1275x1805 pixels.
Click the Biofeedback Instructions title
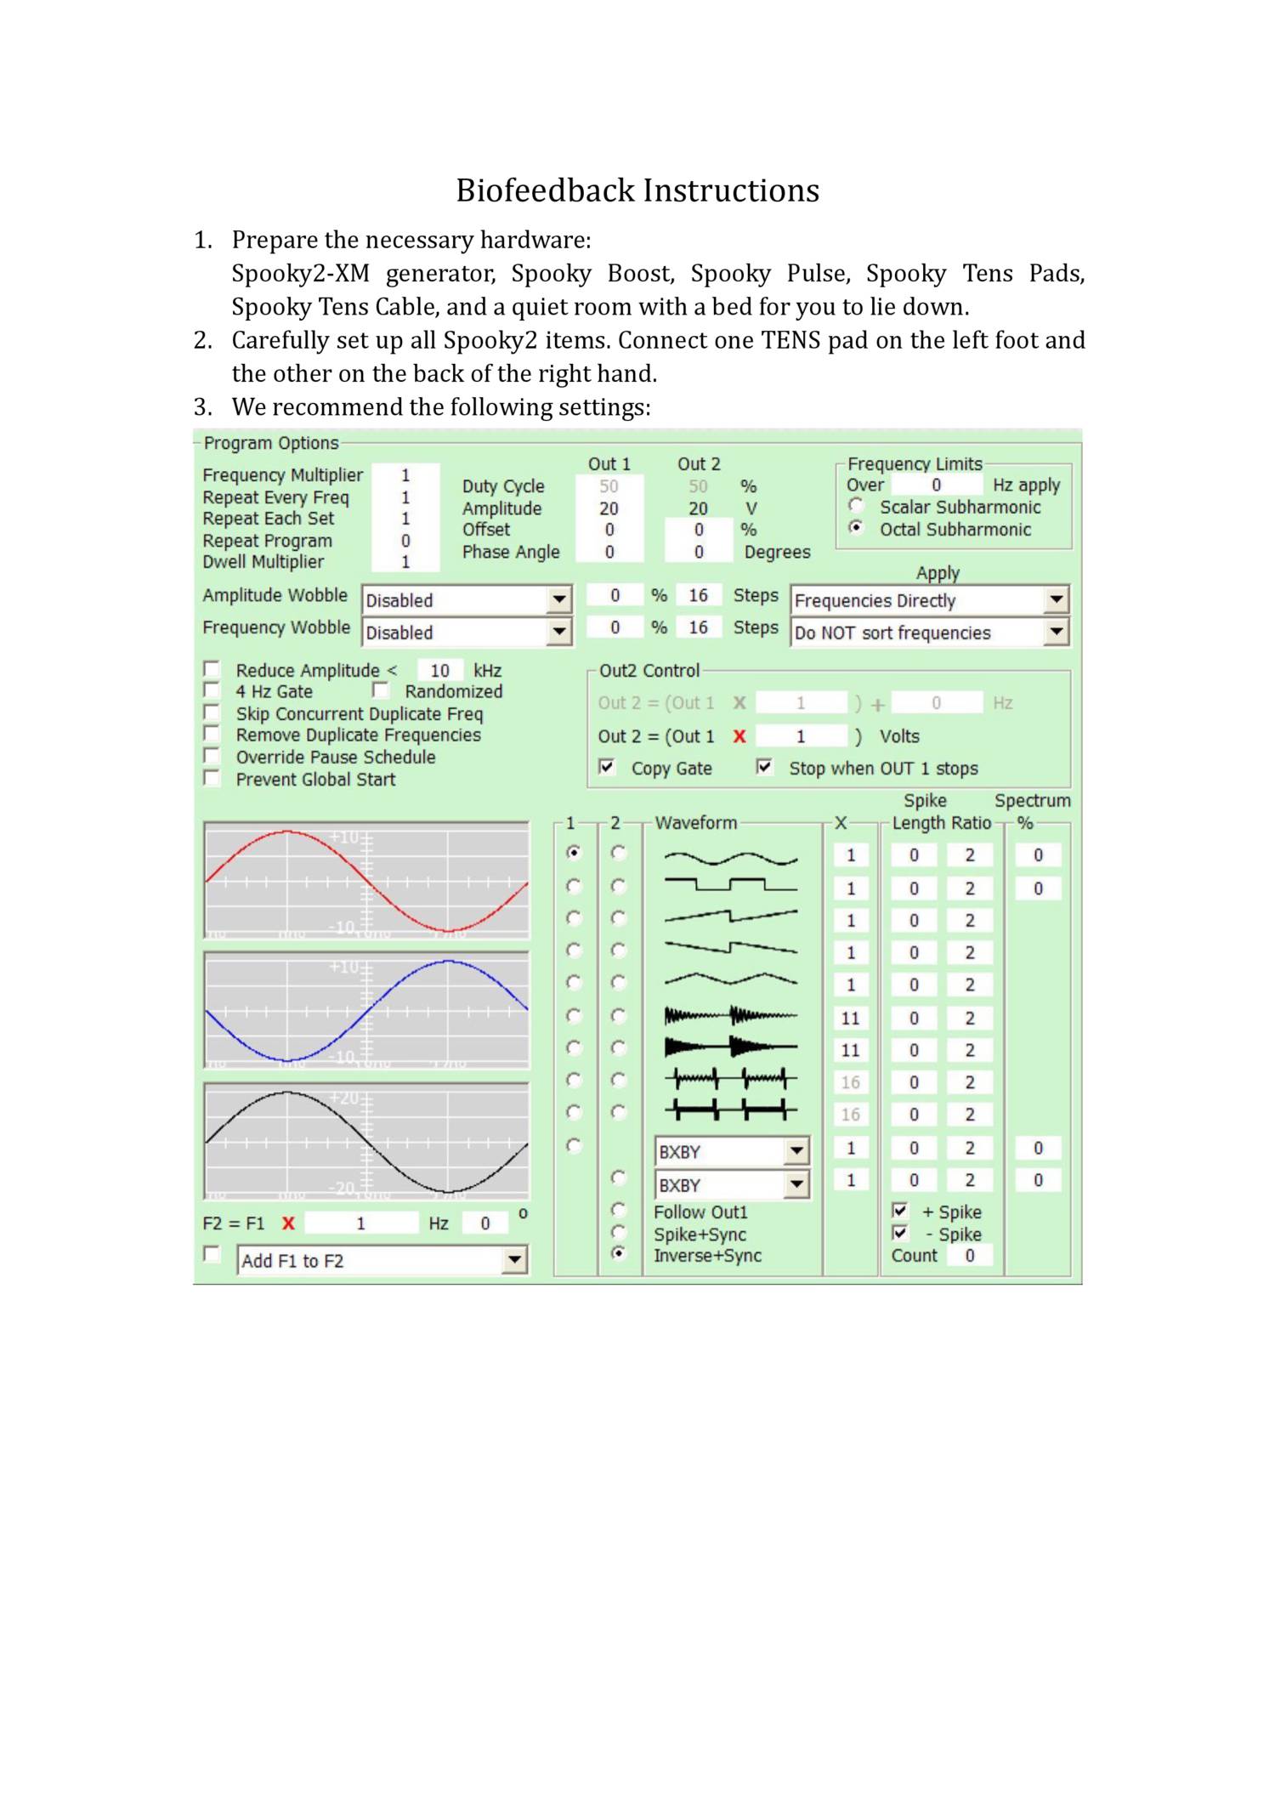(x=637, y=190)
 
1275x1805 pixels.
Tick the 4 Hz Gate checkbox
(x=212, y=690)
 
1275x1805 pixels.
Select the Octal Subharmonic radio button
(x=856, y=528)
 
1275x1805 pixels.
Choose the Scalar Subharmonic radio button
(x=856, y=506)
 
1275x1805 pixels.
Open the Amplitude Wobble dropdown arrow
(x=558, y=599)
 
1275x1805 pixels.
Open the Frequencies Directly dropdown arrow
(x=1055, y=599)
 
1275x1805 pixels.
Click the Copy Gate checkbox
(x=607, y=767)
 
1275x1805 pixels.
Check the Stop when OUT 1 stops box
(x=764, y=767)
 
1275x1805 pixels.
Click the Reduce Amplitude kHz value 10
(x=439, y=670)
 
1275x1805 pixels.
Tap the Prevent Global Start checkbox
(x=212, y=778)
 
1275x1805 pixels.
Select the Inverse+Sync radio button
(x=619, y=1253)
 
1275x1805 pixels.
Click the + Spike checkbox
(x=900, y=1210)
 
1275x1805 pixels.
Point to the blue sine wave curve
(x=448, y=962)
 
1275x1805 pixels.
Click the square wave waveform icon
(x=730, y=886)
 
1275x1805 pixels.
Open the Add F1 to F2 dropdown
(x=514, y=1260)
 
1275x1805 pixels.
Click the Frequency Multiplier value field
(x=405, y=475)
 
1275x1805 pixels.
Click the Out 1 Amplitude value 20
(x=609, y=508)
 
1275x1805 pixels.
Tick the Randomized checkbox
(x=381, y=690)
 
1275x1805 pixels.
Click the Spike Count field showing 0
(x=969, y=1256)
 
